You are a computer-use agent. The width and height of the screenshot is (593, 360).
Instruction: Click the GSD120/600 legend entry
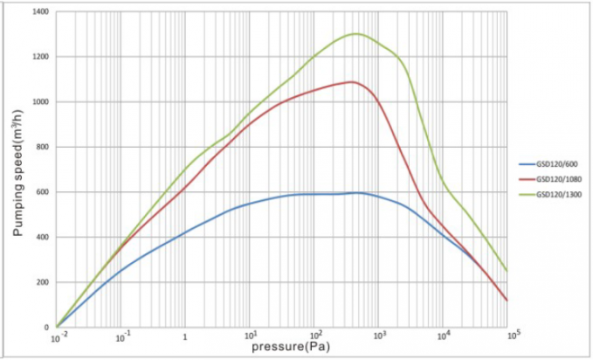coord(555,163)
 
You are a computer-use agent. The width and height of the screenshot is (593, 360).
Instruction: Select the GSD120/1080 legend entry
coord(556,177)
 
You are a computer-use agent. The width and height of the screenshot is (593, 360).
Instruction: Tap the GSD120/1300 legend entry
coord(556,193)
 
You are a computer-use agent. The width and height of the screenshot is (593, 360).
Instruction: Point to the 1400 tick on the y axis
coord(41,11)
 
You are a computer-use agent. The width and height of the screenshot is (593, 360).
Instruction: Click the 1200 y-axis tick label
coord(41,57)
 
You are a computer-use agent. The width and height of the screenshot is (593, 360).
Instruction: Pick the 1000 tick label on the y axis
coord(41,101)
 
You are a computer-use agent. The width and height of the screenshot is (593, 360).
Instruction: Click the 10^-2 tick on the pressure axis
coord(57,337)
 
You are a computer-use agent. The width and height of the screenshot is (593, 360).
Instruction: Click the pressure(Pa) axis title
coord(284,347)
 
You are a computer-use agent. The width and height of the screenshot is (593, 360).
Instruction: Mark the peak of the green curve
coord(355,34)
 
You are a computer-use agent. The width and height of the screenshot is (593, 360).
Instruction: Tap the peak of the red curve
coord(351,82)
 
